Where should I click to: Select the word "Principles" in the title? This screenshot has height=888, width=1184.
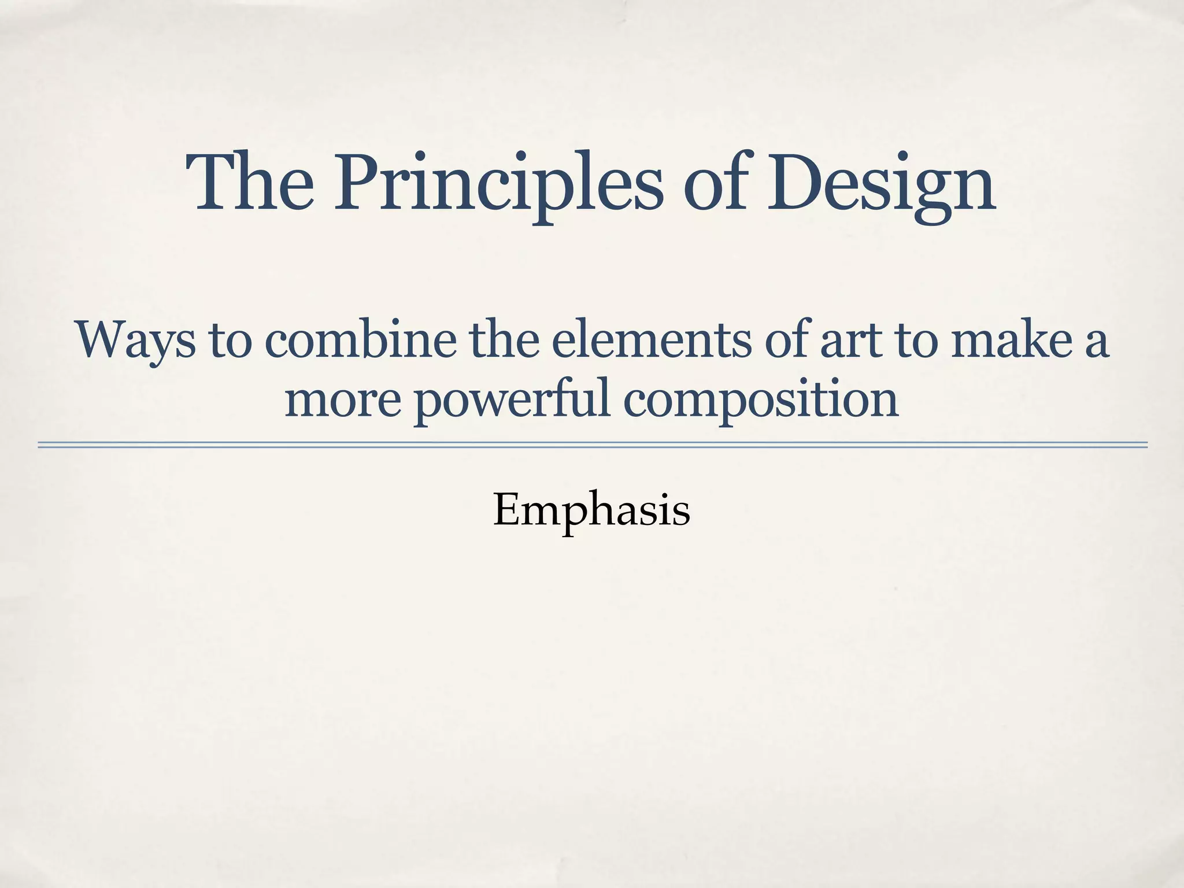(x=498, y=184)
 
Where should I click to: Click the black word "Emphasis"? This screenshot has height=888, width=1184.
(x=591, y=511)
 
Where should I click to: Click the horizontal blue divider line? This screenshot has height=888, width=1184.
(x=592, y=445)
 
